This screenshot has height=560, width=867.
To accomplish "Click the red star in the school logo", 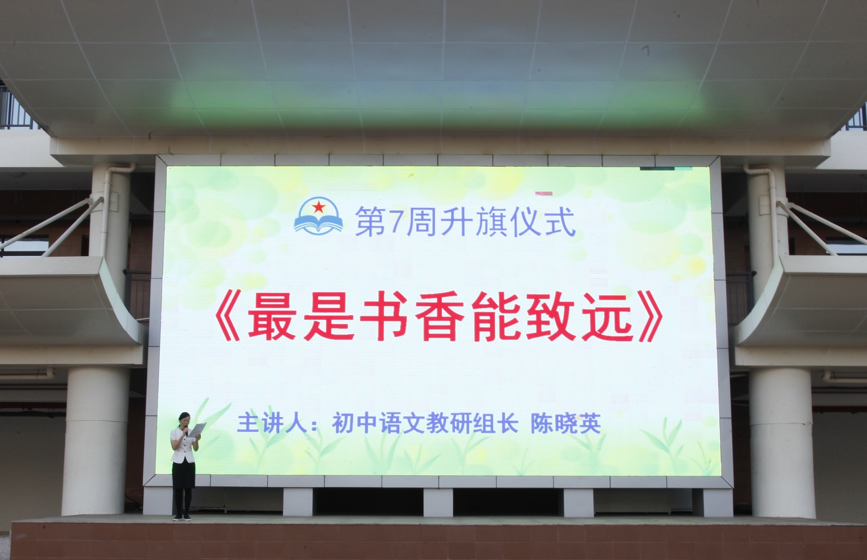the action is point(319,207).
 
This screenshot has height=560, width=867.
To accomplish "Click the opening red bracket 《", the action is point(228,317).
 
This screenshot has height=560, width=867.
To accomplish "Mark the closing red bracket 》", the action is point(650,317).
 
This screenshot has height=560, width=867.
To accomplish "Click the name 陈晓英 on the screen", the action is point(565,423).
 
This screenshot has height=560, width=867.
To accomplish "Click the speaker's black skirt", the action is point(184,475).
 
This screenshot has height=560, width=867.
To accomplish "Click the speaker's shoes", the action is point(182,517).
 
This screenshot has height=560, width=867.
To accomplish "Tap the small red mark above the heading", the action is point(544,193).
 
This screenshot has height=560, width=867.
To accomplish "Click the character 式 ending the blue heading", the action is point(561,222).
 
